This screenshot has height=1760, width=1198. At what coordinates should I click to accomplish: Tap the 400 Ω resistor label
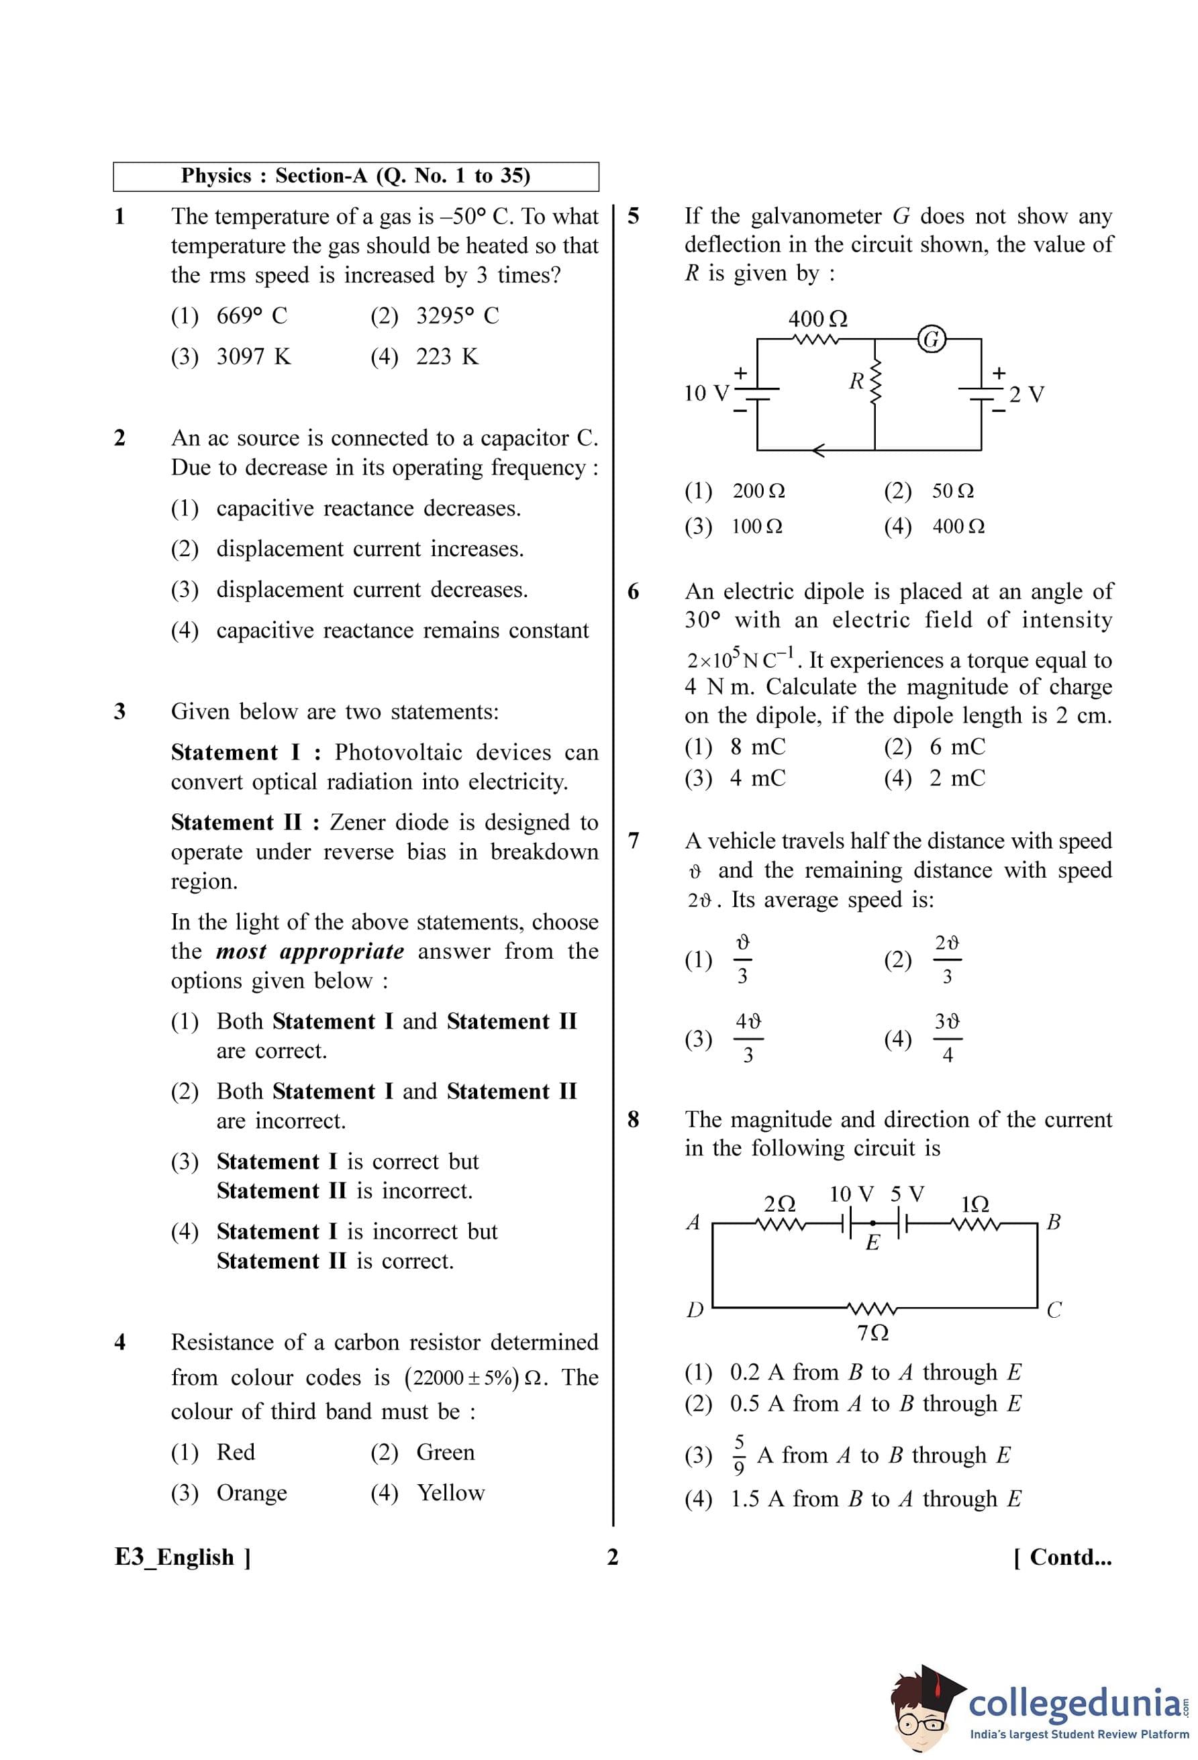(817, 319)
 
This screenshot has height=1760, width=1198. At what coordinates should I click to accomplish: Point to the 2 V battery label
(1026, 394)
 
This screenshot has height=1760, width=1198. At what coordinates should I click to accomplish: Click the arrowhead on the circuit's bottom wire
(818, 451)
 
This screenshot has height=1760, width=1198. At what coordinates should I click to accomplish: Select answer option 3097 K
(253, 357)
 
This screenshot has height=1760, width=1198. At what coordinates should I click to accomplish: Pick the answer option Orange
(252, 1493)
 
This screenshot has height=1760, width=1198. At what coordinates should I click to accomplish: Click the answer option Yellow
(450, 1493)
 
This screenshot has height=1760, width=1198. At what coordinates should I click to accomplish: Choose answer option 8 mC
(757, 747)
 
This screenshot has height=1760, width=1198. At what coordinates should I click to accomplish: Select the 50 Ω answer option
(952, 490)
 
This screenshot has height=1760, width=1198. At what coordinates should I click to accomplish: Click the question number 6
(633, 591)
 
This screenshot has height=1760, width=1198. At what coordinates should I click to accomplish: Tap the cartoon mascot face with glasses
(921, 1718)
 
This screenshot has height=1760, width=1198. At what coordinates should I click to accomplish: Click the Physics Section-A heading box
(356, 176)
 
